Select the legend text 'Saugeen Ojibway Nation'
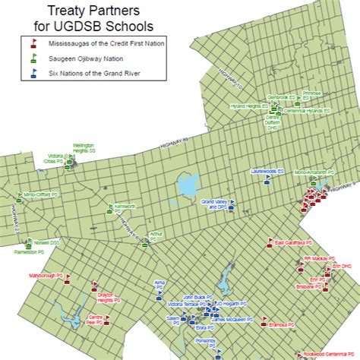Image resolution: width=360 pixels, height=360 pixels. tap(81, 59)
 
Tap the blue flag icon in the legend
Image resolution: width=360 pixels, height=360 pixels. tap(33, 73)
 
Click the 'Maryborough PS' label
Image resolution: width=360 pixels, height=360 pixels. tap(43, 275)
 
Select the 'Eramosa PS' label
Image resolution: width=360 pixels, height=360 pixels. tap(283, 324)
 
